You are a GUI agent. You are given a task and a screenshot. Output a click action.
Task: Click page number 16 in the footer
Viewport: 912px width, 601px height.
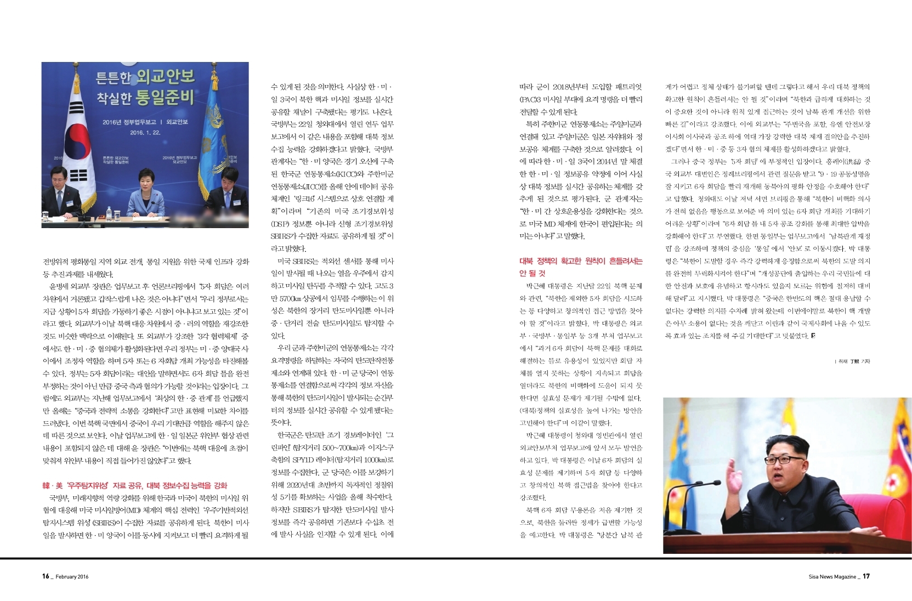click(x=46, y=576)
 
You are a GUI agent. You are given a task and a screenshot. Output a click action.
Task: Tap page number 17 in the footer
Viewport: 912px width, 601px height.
click(x=866, y=576)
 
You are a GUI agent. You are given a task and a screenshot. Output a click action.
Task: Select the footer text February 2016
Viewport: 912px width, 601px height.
click(x=72, y=577)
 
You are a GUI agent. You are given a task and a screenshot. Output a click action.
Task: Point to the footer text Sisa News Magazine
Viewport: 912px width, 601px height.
click(x=832, y=576)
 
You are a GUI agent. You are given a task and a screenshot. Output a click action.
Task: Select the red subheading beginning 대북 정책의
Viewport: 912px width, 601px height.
click(x=580, y=267)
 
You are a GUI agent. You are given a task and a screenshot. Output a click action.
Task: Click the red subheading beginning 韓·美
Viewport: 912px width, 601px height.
click(x=135, y=485)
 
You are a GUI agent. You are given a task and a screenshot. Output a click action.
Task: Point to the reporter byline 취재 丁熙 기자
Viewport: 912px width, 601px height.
click(x=852, y=361)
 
